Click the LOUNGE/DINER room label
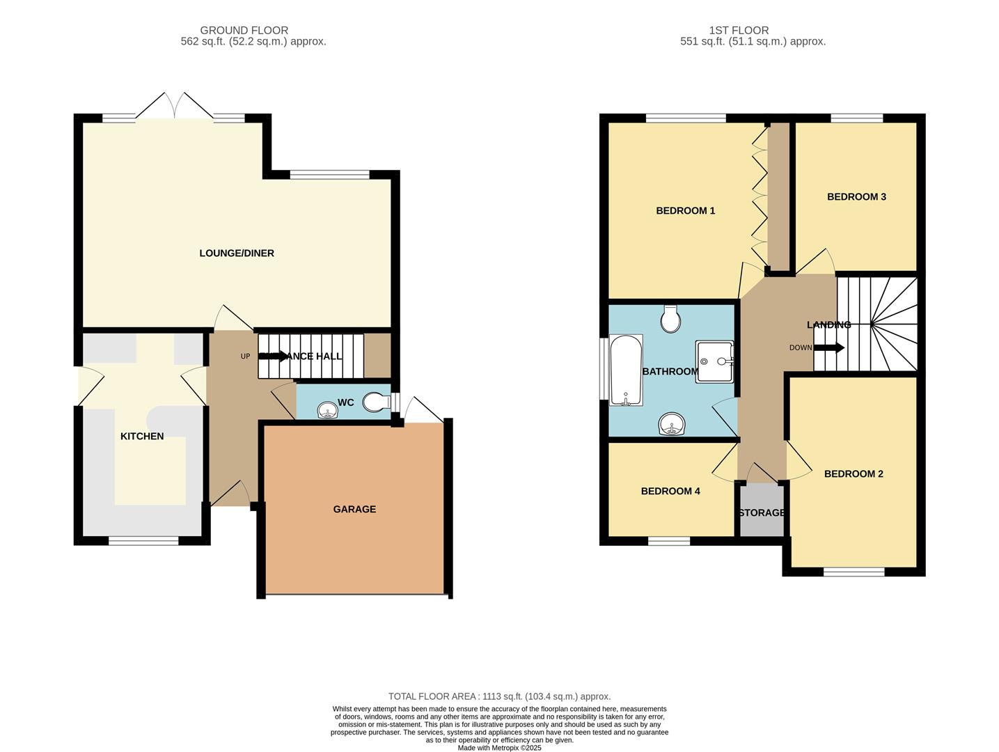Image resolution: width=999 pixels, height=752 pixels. pos(237,253)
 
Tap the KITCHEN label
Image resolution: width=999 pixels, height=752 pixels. pos(142,437)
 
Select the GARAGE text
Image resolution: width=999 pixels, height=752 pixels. pos(354,510)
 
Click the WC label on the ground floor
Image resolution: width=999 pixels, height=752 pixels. pos(346,402)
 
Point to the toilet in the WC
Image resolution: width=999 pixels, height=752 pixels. pos(377,402)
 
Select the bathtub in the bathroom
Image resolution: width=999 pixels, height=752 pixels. pos(626,370)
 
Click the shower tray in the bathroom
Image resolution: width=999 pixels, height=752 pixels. pos(715,361)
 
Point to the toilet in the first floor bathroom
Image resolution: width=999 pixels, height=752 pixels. pos(671,319)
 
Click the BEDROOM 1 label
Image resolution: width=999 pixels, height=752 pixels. pos(686,211)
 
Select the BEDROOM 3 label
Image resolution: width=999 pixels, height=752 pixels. pos(856,197)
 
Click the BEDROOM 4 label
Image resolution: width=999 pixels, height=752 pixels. pos(670,492)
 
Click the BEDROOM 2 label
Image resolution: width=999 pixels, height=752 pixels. pos(854,474)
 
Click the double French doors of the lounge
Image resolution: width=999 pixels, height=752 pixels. pos(175,107)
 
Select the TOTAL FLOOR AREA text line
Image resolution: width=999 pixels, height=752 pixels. pos(499,696)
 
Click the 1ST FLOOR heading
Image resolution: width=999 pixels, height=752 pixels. pos(739,31)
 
